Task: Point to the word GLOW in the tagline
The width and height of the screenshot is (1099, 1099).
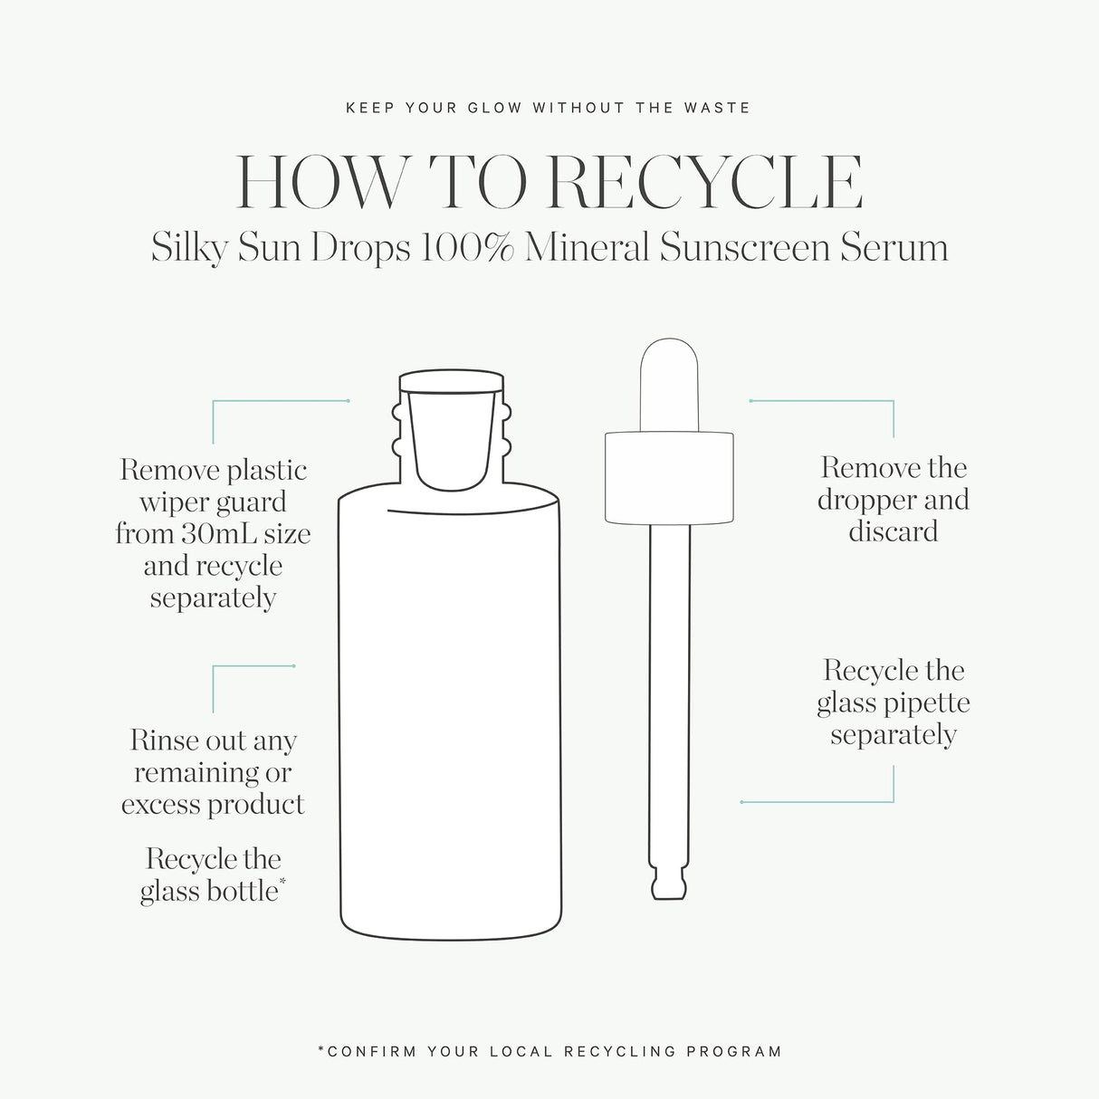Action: click(494, 108)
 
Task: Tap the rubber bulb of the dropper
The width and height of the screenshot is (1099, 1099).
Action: click(669, 386)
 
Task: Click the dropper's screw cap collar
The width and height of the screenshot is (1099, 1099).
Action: click(669, 478)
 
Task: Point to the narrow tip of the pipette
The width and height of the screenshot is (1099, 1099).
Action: click(669, 885)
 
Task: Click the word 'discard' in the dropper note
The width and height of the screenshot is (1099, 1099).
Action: click(894, 531)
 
